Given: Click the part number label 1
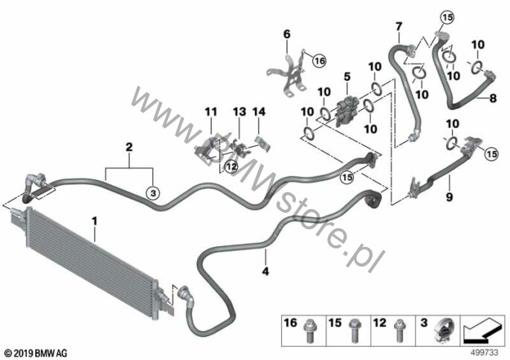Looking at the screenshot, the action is pos(94,222).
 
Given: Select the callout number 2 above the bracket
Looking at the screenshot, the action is pos(129,147).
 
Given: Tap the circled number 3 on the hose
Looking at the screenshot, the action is pos(153,193).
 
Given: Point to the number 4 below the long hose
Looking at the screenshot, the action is pos(265,271).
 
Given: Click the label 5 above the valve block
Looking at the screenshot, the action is pos(347,77).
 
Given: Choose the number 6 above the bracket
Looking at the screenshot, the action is pos(287,34).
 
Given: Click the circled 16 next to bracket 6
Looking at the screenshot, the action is pos(320,60).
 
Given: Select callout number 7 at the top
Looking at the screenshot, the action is pos(398,26).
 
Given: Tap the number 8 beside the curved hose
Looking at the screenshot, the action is pos(493,97).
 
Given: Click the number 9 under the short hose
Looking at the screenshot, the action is pos(449,196).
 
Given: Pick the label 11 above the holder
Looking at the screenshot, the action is pos(211,112).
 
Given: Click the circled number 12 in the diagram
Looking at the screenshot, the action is pos(231,167).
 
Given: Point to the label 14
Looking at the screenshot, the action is pos(259,112).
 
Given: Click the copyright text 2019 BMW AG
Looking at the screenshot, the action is pos(36,353).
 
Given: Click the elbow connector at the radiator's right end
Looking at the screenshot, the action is pos(186,294).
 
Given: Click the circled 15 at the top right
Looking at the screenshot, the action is pos(448,17).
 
